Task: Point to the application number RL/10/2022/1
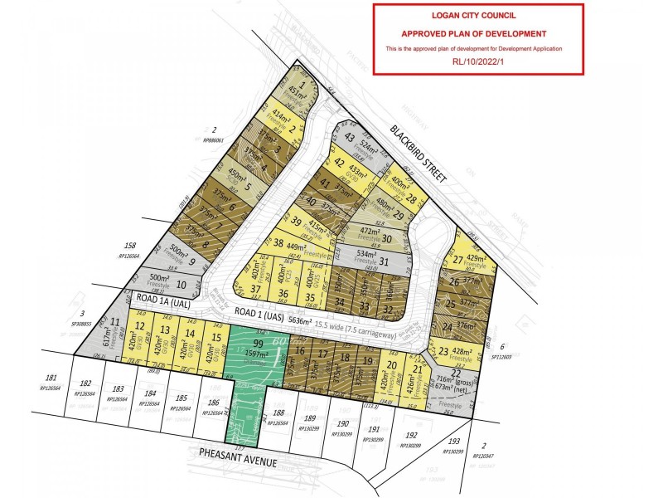click(478, 61)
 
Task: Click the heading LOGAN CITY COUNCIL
click(478, 15)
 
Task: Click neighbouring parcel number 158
click(129, 247)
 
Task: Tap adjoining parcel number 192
click(409, 435)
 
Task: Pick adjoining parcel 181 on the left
click(51, 378)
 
